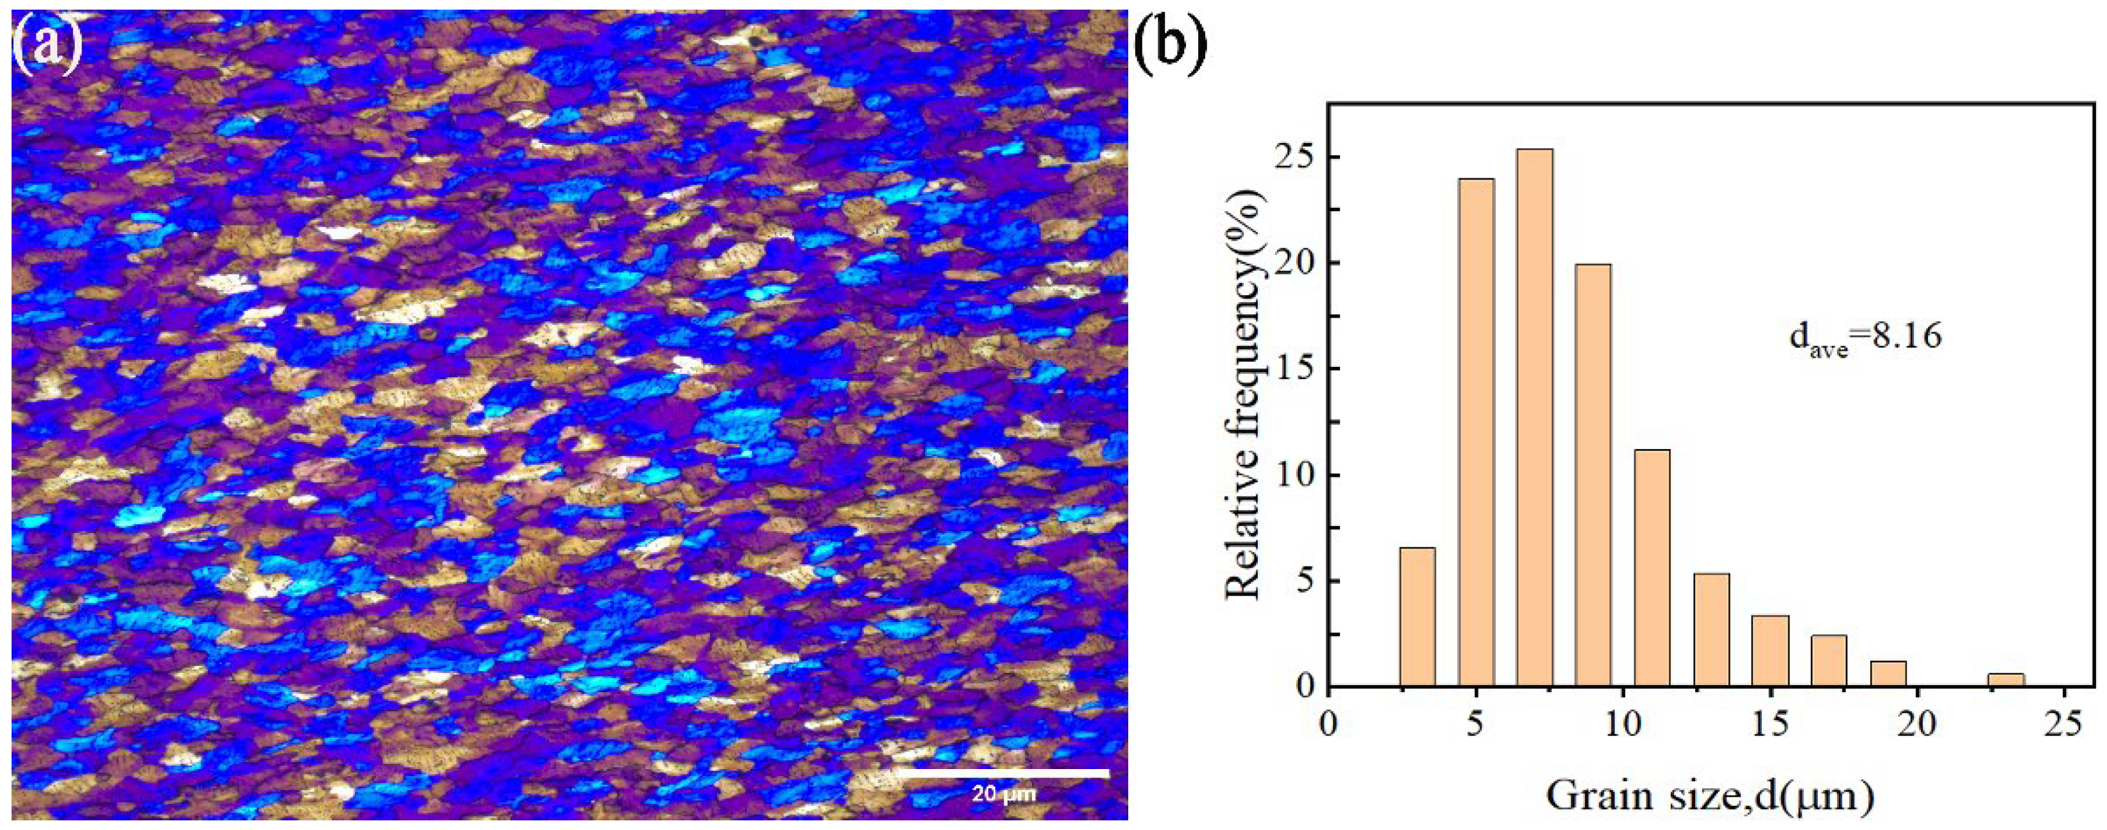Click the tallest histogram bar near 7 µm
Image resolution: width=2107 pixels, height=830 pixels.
tap(1534, 417)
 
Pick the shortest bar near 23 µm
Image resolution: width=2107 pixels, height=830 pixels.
tap(2006, 679)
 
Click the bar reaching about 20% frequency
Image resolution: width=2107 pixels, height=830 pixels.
tap(1593, 474)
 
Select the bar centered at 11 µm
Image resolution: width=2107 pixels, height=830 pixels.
tap(1652, 568)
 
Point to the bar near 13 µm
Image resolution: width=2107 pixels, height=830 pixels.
tap(1711, 630)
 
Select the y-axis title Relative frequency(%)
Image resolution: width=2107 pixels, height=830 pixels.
tap(1246, 393)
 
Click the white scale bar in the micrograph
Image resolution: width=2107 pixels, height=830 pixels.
tap(1004, 773)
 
